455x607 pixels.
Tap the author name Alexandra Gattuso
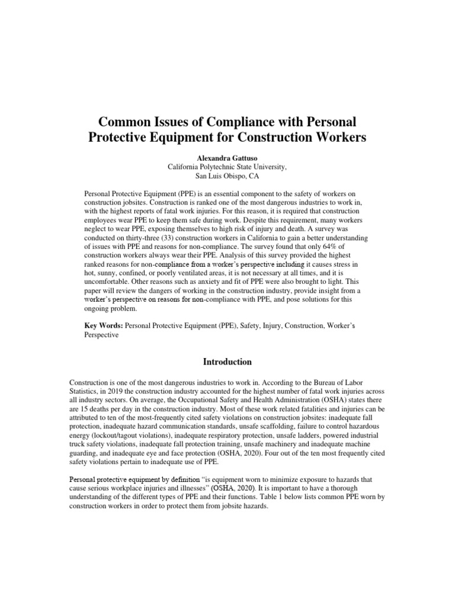point(227,158)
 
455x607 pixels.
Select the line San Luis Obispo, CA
point(227,176)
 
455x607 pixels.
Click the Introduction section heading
point(227,362)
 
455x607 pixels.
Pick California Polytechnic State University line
point(227,167)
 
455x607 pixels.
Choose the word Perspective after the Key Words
point(102,334)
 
